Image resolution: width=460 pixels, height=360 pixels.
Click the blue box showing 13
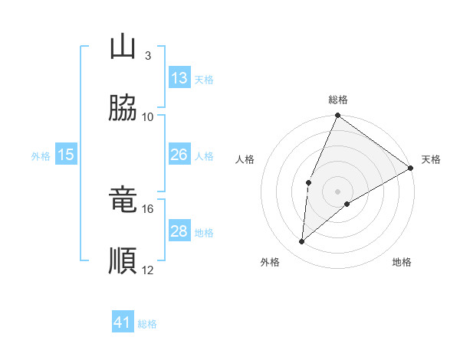pos(179,77)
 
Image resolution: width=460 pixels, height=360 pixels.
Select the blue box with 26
pos(179,155)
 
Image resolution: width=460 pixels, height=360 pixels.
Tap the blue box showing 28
pos(179,231)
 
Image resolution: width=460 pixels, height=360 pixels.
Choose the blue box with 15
pos(66,155)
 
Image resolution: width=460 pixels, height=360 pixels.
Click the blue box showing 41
pos(123,322)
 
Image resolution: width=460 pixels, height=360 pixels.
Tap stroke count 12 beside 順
pos(148,270)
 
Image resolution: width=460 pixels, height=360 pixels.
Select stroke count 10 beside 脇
pos(148,116)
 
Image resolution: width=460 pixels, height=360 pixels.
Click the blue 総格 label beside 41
pos(147,324)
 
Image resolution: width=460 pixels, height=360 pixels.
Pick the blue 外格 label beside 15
pos(41,156)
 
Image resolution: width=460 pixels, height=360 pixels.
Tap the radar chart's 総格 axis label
pos(338,100)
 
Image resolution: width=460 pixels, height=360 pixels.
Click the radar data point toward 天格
pos(411,168)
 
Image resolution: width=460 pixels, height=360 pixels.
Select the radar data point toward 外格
pos(302,241)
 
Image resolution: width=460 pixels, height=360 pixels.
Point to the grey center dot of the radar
pos(338,191)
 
